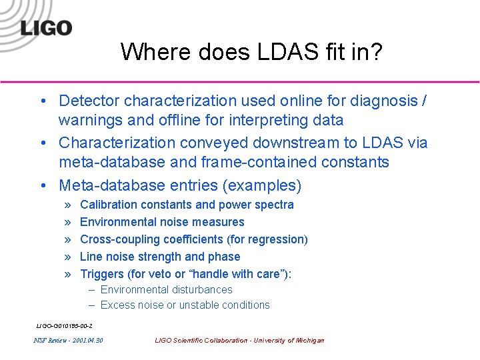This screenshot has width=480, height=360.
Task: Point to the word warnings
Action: coord(88,121)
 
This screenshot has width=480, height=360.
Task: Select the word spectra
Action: coord(274,205)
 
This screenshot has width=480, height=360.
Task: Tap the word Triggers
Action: coord(102,274)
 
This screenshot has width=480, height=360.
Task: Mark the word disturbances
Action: coord(201,290)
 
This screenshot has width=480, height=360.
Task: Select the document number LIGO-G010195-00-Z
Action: coord(64,326)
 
